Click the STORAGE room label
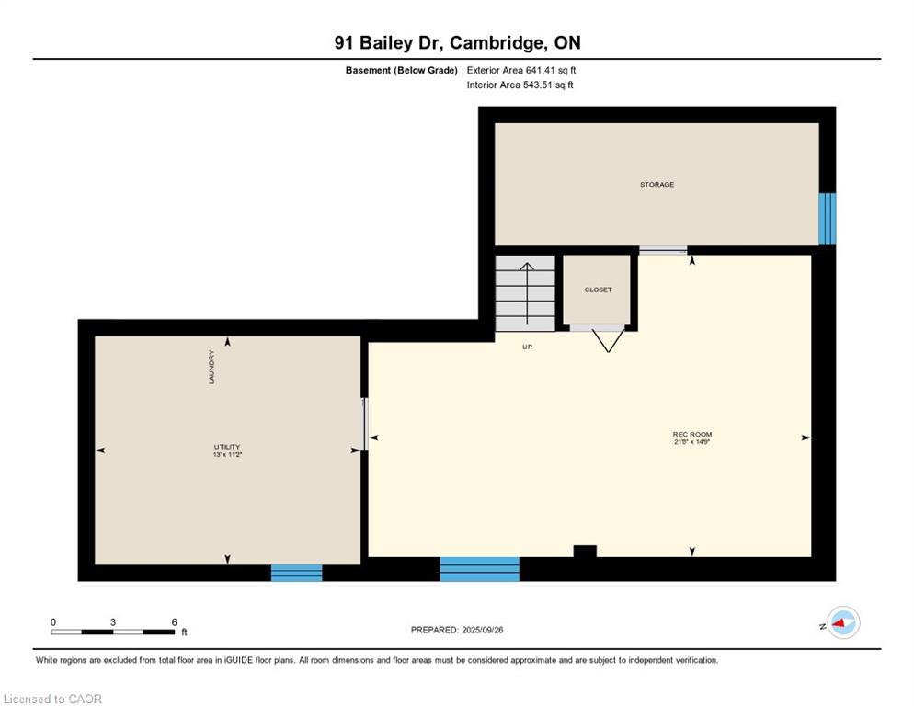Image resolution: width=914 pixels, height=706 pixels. point(657,184)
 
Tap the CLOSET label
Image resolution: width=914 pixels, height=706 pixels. point(598,290)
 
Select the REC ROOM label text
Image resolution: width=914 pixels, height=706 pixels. point(691,434)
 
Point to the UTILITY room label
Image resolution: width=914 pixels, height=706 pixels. point(227,447)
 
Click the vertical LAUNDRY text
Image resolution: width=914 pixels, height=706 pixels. point(211,367)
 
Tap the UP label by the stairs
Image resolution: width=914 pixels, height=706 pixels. point(527,347)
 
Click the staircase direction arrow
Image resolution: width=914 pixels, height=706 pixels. point(527,293)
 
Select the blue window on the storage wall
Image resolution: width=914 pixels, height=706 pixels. point(828,219)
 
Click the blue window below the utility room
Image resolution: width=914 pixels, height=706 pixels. point(297,573)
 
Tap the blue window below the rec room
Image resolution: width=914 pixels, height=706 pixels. point(479,569)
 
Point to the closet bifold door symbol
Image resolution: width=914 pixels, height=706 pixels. point(608,341)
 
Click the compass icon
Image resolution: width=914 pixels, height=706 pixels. point(843,622)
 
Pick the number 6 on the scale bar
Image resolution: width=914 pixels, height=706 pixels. point(174,622)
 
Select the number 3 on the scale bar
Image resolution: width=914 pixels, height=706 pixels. point(112,622)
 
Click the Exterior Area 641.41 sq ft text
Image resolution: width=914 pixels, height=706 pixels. point(521,70)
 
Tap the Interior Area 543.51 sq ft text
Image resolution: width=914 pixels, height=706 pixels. point(520,85)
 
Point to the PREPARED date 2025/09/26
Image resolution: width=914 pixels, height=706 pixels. point(483,630)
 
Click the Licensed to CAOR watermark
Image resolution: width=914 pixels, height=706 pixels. point(52,699)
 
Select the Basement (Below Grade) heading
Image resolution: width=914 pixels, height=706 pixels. point(401,71)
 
